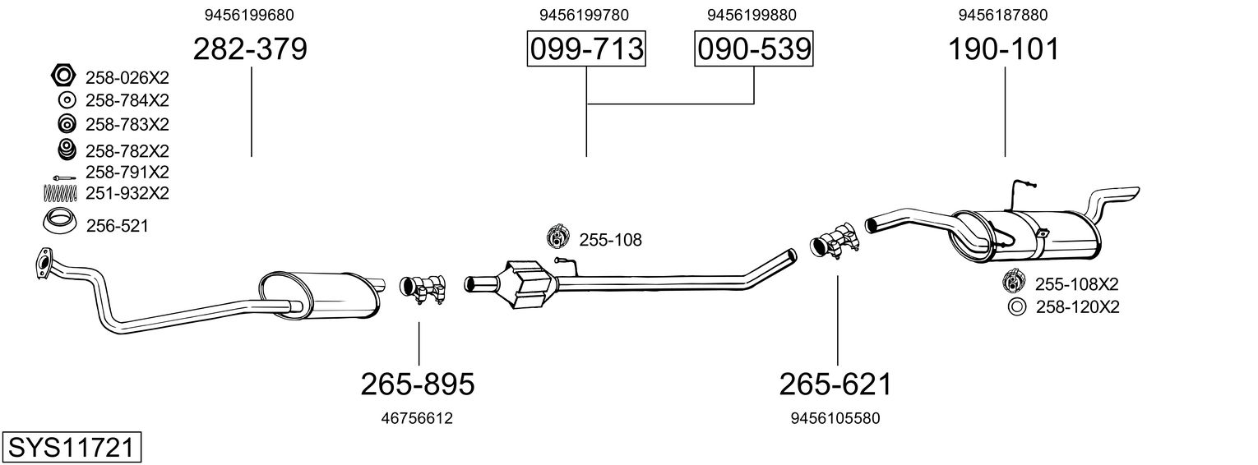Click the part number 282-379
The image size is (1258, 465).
[251, 49]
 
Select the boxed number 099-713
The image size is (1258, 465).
[586, 48]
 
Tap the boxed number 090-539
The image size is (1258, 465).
[754, 48]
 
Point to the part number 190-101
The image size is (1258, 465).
[1004, 49]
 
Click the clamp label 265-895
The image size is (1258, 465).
[418, 384]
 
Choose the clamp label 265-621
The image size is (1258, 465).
[835, 384]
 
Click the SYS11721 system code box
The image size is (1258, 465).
[72, 448]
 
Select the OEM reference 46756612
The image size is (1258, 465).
[417, 418]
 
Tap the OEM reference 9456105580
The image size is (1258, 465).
[835, 418]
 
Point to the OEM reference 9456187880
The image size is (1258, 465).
[1003, 15]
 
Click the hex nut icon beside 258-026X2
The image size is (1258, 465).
[62, 76]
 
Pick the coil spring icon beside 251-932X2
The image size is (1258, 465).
[60, 193]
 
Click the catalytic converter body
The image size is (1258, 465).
[528, 283]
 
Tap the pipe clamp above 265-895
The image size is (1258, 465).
[423, 289]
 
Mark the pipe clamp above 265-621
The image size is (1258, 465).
[835, 242]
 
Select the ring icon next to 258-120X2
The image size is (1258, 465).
[1016, 307]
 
